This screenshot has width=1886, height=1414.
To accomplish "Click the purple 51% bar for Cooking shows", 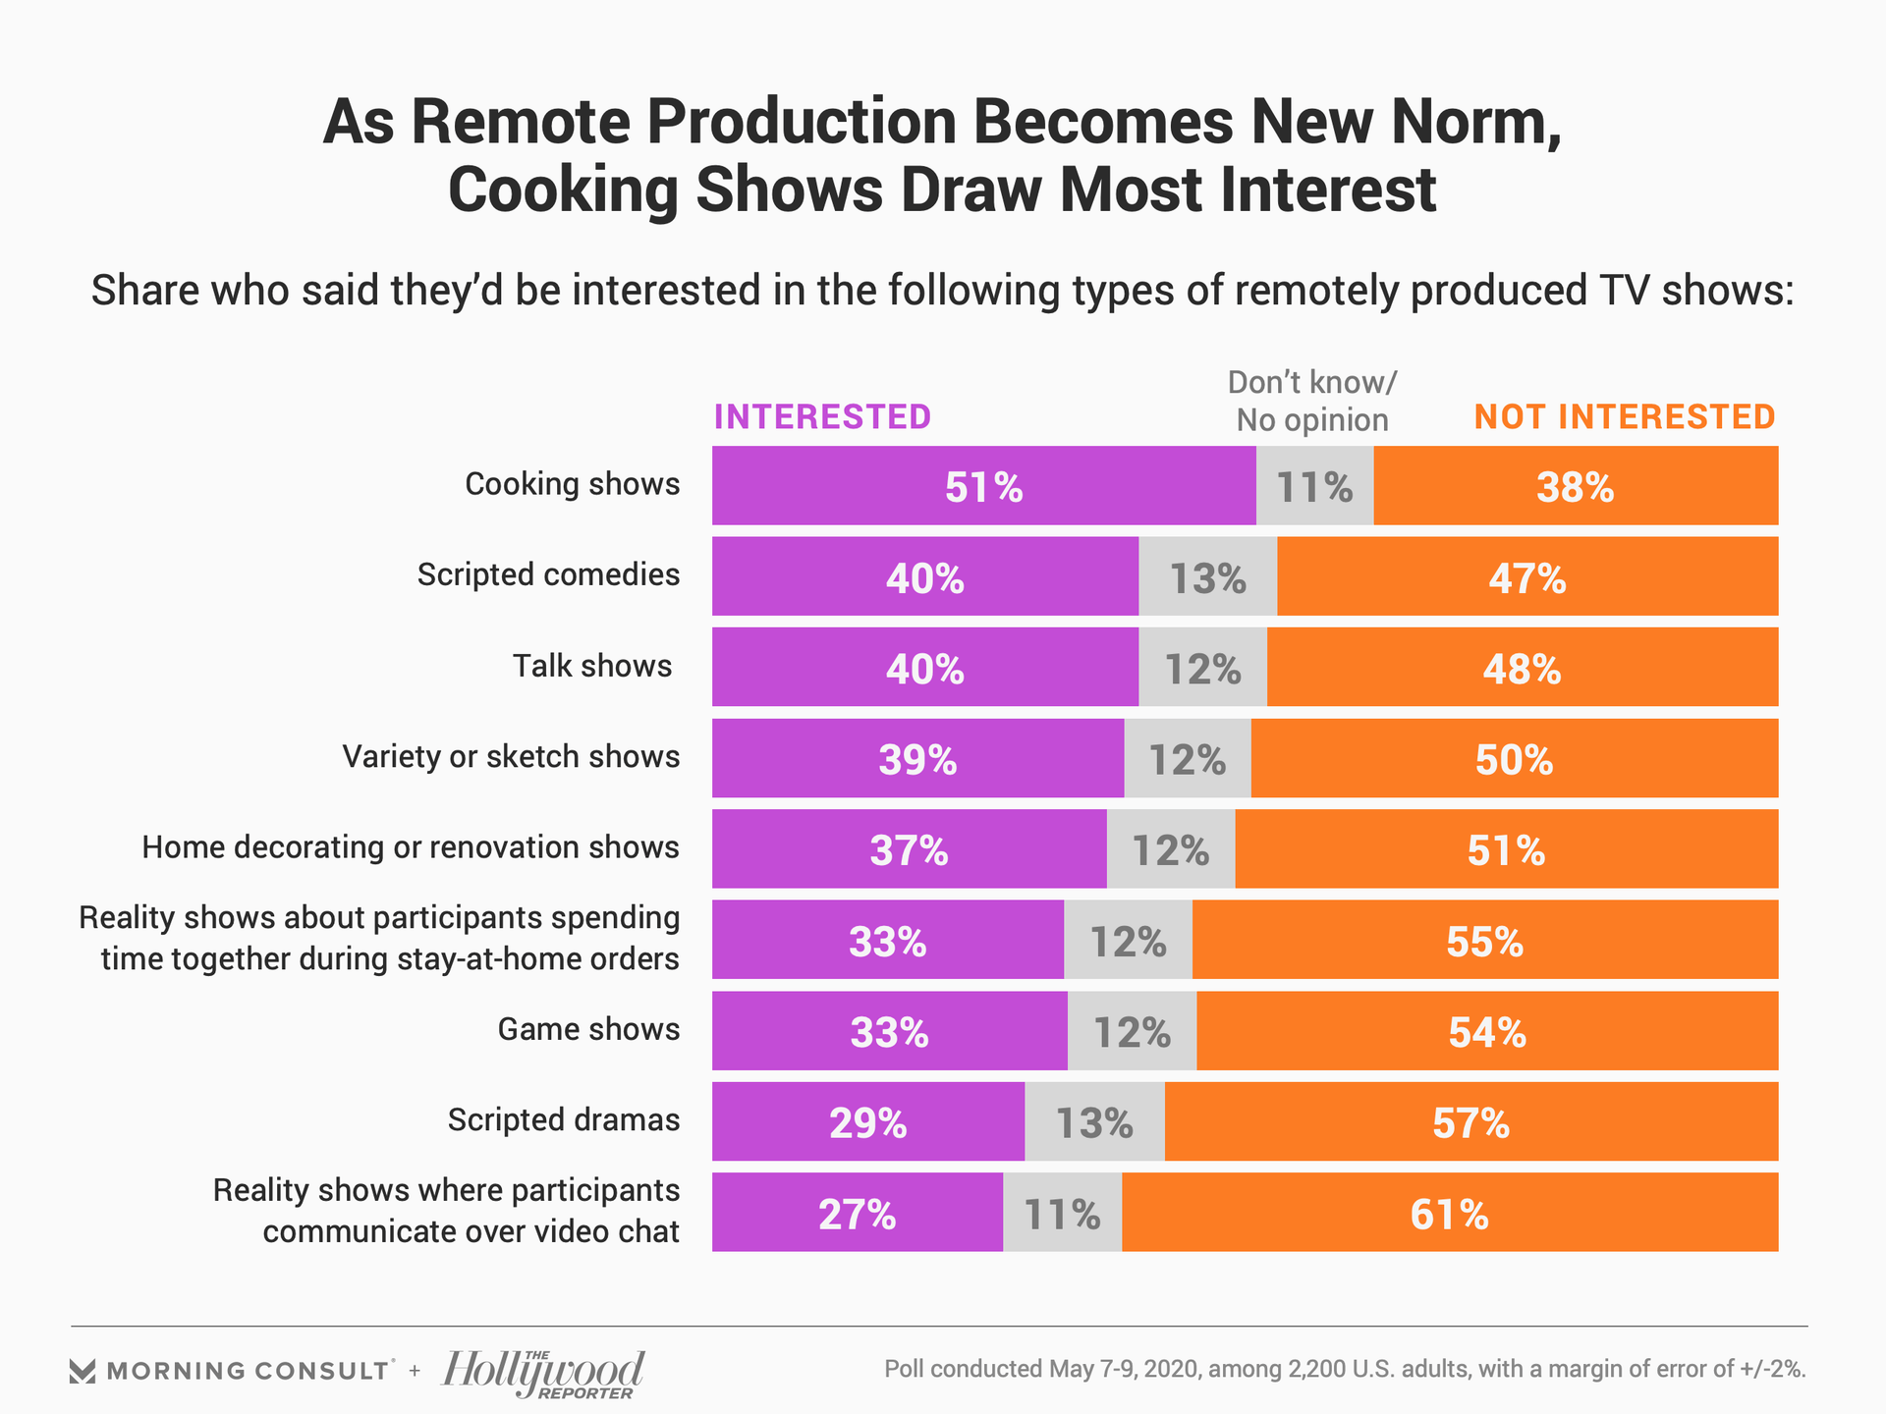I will click(983, 486).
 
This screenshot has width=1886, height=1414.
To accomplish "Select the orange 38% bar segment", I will click(1575, 486).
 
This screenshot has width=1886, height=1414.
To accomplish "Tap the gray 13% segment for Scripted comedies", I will click(1207, 576).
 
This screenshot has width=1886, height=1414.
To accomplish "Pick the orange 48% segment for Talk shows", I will click(1522, 668).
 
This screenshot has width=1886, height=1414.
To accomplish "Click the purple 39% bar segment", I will click(917, 758).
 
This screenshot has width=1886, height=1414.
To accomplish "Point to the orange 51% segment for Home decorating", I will click(1506, 849).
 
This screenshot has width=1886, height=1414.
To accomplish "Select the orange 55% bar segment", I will click(1484, 940).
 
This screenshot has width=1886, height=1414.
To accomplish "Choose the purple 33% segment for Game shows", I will click(889, 1031).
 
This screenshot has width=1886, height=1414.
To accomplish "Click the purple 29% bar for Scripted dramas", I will click(867, 1121).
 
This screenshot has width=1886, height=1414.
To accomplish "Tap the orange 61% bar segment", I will click(1449, 1213).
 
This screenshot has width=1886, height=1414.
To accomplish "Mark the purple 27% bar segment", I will click(857, 1213).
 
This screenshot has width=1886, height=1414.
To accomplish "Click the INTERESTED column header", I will click(822, 417).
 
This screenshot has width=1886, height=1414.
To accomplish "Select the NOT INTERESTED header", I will click(1625, 417).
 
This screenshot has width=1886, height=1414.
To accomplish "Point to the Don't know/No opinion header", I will click(1312, 401).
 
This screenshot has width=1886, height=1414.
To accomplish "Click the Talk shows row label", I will click(592, 667).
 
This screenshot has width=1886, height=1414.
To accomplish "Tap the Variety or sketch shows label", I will click(511, 757).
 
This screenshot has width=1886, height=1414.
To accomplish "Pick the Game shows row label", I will click(588, 1029).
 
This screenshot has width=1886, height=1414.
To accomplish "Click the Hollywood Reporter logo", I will click(544, 1372).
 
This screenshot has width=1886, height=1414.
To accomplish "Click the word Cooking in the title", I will click(562, 190).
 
